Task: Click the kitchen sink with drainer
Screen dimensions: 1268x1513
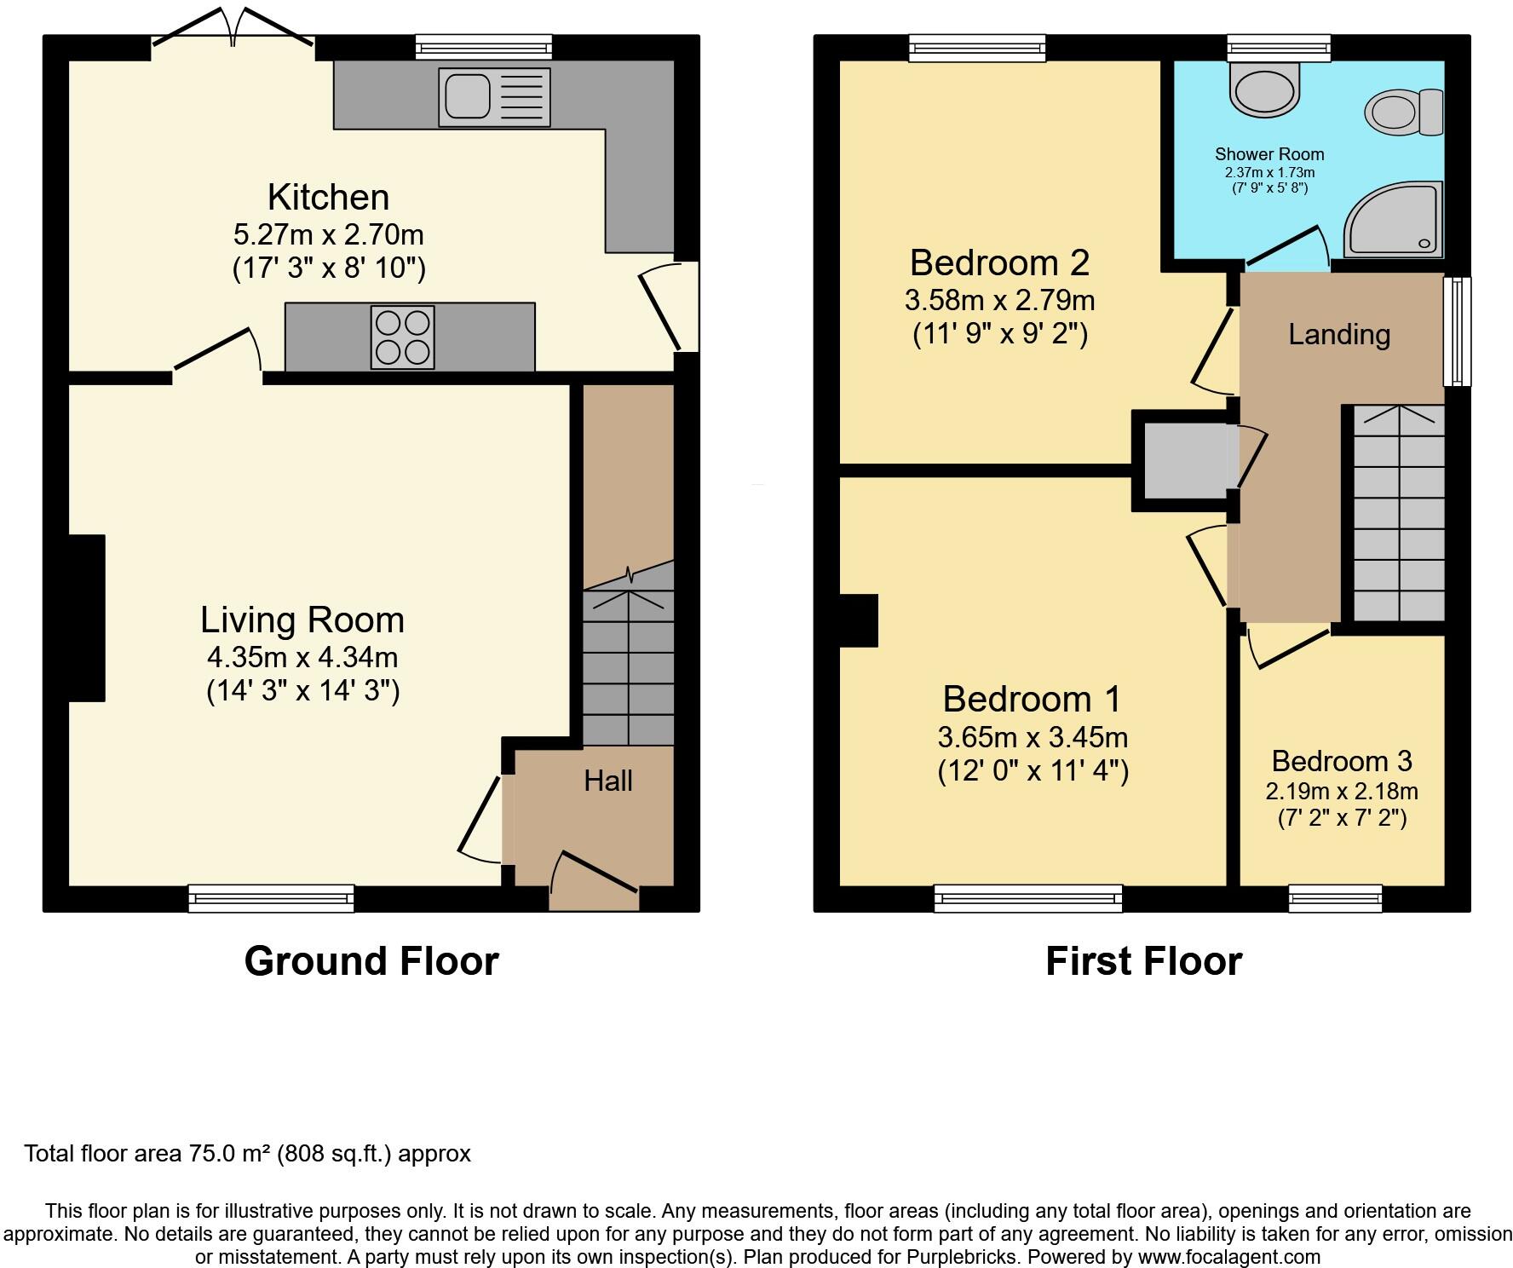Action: pyautogui.click(x=494, y=97)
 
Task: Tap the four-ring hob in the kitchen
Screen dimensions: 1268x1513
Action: pyautogui.click(x=402, y=337)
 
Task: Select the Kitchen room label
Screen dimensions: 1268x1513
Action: pyautogui.click(x=329, y=197)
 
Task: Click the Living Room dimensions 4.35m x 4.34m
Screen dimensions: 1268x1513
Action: pyautogui.click(x=302, y=657)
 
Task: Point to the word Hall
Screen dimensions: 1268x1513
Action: pyautogui.click(x=607, y=781)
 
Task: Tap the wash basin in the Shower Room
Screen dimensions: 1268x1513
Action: pyautogui.click(x=1266, y=89)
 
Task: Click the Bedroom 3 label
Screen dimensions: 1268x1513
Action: pyautogui.click(x=1341, y=760)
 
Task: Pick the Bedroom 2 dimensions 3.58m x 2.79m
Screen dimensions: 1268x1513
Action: pyautogui.click(x=999, y=300)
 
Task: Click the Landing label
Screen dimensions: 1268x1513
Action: pyautogui.click(x=1338, y=334)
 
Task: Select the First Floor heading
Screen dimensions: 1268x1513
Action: pyautogui.click(x=1143, y=961)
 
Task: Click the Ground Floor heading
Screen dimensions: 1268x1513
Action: pyautogui.click(x=371, y=961)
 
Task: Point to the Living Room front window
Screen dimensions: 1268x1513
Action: pyautogui.click(x=271, y=898)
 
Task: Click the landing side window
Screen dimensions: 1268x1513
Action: pyautogui.click(x=1458, y=331)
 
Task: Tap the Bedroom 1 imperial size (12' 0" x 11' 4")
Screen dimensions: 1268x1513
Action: pyautogui.click(x=1033, y=771)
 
